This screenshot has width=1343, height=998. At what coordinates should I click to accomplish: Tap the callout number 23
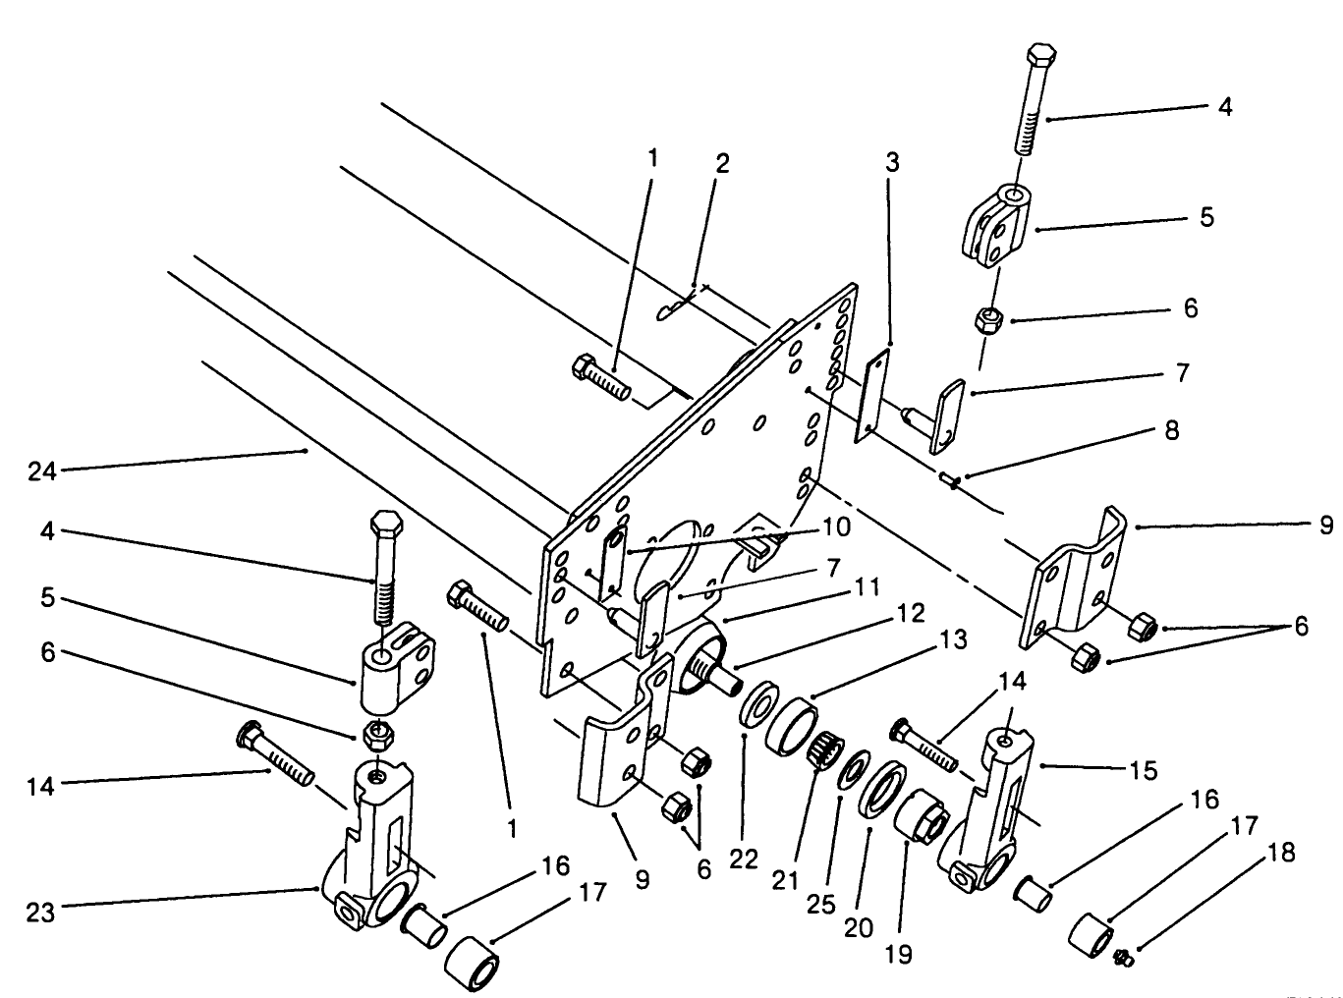coord(39,912)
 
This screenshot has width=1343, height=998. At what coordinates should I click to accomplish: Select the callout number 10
coord(836,527)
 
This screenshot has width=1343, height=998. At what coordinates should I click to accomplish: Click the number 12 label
coord(910,614)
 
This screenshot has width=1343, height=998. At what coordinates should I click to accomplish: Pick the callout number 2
coord(722,163)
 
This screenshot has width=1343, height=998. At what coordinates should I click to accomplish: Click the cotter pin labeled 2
coord(675,308)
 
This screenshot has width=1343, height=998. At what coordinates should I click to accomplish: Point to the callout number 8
coord(1171,430)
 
